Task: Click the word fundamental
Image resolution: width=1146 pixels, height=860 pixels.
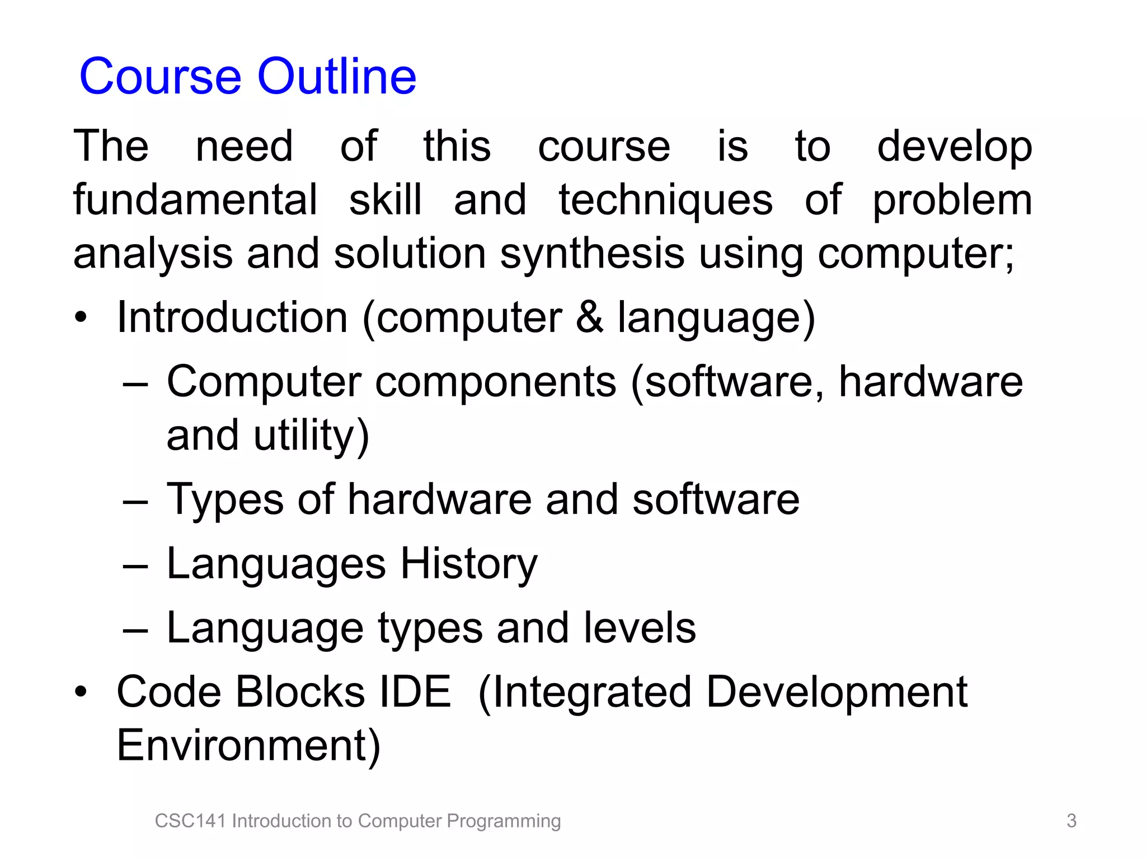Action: tap(195, 200)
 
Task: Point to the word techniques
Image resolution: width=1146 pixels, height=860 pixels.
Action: tap(665, 200)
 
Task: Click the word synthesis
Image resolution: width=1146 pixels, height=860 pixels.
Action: tap(592, 254)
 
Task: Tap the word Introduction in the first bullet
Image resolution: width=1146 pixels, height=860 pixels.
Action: tap(232, 317)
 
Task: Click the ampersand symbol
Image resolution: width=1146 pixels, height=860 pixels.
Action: tap(589, 317)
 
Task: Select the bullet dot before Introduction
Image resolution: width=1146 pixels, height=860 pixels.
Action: tap(81, 318)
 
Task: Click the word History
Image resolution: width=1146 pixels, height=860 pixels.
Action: tap(468, 563)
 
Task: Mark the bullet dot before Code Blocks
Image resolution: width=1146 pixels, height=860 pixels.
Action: tap(81, 693)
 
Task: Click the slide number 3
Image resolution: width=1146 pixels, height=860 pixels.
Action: tap(1071, 821)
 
